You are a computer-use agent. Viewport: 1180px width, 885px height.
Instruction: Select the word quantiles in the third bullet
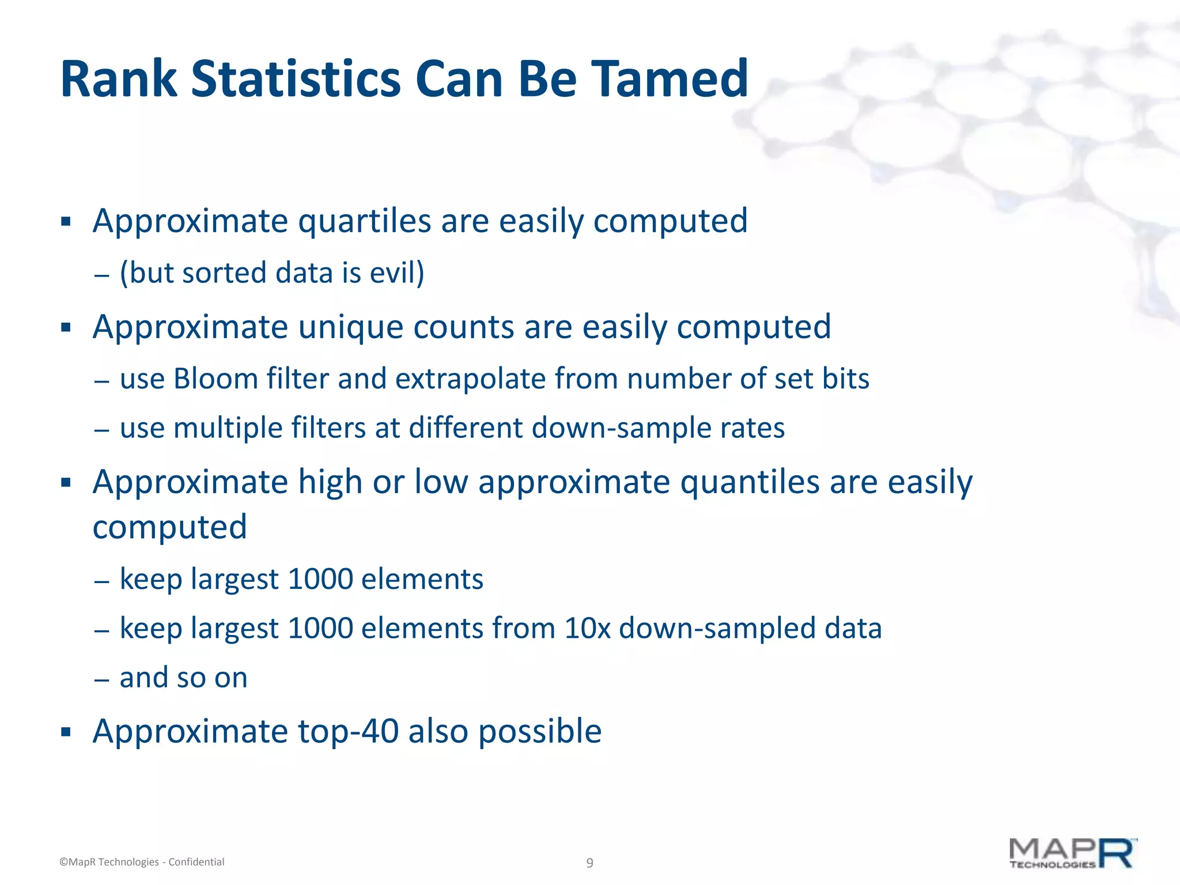pyautogui.click(x=750, y=482)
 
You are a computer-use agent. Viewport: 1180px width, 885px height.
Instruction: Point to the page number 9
pyautogui.click(x=589, y=863)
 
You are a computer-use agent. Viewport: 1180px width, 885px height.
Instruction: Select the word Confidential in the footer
pyautogui.click(x=196, y=862)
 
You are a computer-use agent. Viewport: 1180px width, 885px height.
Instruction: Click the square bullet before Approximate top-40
pyautogui.click(x=66, y=732)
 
